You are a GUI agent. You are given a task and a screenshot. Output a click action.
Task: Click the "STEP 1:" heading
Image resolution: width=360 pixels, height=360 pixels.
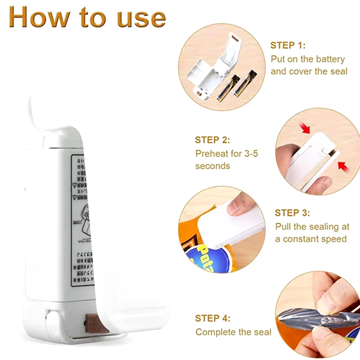[x=288, y=45]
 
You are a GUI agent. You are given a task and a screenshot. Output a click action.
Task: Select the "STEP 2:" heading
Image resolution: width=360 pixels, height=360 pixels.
[x=212, y=140]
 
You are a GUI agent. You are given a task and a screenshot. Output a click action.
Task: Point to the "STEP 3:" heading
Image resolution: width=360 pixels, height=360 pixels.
[x=292, y=213]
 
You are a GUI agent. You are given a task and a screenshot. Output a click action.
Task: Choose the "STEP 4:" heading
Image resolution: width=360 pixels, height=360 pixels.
[x=212, y=319]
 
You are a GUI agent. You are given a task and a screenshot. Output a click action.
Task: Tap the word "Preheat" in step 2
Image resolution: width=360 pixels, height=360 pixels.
[x=212, y=153]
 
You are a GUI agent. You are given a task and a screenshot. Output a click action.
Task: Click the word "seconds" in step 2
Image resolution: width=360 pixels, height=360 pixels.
[x=212, y=166]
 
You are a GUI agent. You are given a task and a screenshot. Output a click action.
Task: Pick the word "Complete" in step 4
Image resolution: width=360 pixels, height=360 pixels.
[x=214, y=332]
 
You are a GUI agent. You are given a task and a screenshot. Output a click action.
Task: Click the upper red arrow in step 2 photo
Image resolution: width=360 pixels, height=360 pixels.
[x=306, y=129]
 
